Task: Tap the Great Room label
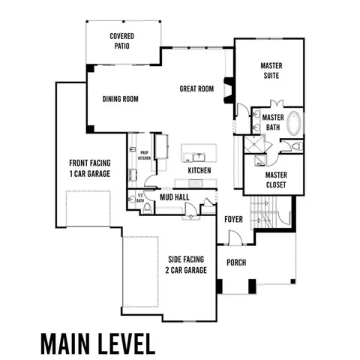click(196, 88)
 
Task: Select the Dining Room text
click(121, 98)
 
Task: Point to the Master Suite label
click(271, 71)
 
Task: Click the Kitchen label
click(199, 170)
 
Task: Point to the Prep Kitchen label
click(144, 155)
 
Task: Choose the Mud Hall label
click(175, 197)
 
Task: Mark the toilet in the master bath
click(295, 145)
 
